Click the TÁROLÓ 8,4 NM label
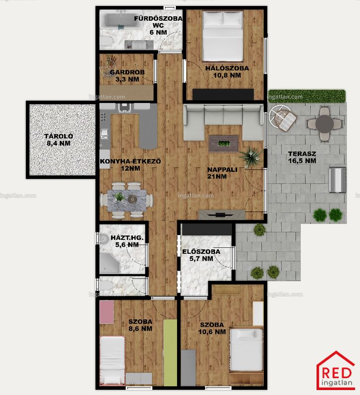pyautogui.click(x=59, y=140)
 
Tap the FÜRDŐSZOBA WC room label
pyautogui.click(x=158, y=22)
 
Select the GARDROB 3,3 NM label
pyautogui.click(x=127, y=76)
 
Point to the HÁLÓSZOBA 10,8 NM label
pyautogui.click(x=227, y=72)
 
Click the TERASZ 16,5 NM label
pyautogui.click(x=302, y=157)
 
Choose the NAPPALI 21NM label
pyautogui.click(x=222, y=173)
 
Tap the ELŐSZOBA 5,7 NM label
pyautogui.click(x=201, y=255)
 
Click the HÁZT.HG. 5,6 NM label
pyautogui.click(x=127, y=241)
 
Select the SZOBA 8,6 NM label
pyautogui.click(x=140, y=325)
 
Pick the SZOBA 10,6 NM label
pyautogui.click(x=212, y=328)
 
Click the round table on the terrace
pyautogui.click(x=324, y=124)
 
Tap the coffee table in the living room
pyautogui.click(x=224, y=144)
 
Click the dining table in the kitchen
pyautogui.click(x=127, y=200)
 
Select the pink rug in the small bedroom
pyautogui.click(x=107, y=312)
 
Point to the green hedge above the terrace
pyautogui.click(x=307, y=96)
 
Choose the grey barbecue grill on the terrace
pyautogui.click(x=338, y=180)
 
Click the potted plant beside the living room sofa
pyautogui.click(x=250, y=157)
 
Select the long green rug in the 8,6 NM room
pyautogui.click(x=170, y=353)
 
